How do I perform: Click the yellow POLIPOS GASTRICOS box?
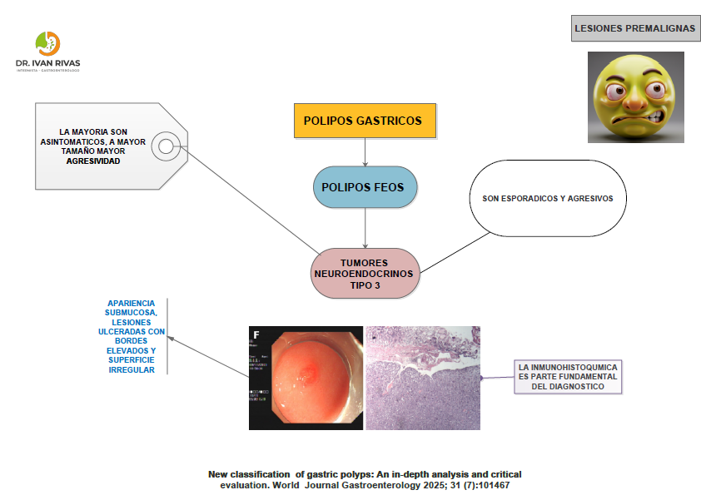pos(365,121)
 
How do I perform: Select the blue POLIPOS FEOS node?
pos(365,187)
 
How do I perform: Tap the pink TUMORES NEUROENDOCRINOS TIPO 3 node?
pos(365,273)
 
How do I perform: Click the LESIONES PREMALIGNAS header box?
pos(634,29)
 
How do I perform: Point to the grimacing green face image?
pos(635,97)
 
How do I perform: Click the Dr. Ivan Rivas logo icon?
pos(47,43)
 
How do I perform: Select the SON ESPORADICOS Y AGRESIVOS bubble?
pos(547,199)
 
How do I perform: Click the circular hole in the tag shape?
pos(166,147)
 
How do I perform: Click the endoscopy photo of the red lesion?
pos(306,378)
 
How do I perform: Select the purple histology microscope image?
pos(423,378)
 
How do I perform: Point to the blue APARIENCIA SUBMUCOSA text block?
pos(132,336)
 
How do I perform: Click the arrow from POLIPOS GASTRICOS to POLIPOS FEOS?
pos(365,151)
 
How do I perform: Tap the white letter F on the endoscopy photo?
pos(256,336)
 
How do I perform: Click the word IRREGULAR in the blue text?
pos(132,369)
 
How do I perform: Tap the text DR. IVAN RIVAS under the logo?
pos(47,63)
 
